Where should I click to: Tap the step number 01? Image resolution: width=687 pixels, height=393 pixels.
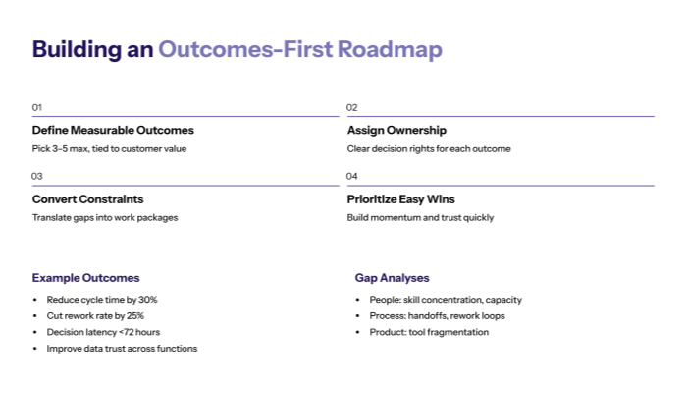click(37, 107)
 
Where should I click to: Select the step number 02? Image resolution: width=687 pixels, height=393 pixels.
click(352, 107)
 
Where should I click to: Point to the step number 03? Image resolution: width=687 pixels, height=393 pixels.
click(37, 177)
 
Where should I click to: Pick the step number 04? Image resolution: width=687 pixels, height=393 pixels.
click(352, 177)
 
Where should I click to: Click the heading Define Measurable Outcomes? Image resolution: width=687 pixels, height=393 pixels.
click(113, 130)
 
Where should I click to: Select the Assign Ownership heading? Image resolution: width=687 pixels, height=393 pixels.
click(396, 130)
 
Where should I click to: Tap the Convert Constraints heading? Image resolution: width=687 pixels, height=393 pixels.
click(87, 199)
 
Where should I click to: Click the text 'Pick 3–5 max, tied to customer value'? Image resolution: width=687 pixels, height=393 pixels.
click(109, 149)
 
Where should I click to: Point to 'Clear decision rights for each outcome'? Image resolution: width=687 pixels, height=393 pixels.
click(429, 149)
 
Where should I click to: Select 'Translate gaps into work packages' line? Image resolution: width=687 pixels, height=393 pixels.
click(105, 218)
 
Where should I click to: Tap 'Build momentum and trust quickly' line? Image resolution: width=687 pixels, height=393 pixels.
click(420, 218)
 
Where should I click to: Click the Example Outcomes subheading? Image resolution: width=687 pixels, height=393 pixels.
click(85, 278)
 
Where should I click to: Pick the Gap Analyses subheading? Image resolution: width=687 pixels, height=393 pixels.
click(392, 278)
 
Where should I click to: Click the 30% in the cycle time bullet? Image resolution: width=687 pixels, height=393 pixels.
click(147, 300)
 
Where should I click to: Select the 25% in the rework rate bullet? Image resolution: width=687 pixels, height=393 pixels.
click(133, 315)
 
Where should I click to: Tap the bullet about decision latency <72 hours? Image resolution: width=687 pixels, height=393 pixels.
click(102, 332)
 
